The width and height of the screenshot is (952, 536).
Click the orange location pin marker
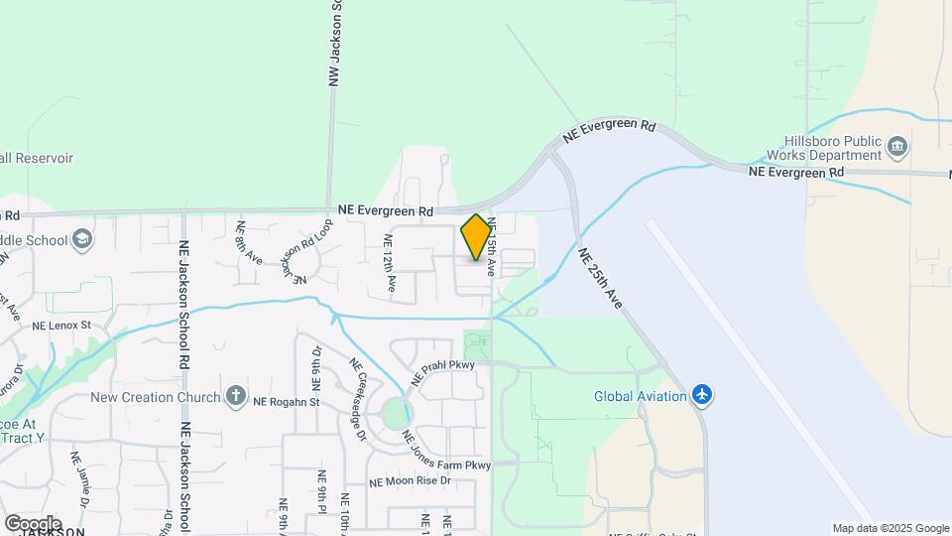click(476, 237)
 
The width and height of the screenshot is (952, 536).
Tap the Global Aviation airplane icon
click(703, 396)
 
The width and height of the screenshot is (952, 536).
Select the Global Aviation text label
click(640, 396)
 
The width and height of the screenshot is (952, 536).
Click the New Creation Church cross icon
click(235, 397)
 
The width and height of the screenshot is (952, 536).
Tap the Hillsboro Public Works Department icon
click(897, 148)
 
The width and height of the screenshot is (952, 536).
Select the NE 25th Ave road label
click(601, 278)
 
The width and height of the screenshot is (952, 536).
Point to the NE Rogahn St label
click(287, 402)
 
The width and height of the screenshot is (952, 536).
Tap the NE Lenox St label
click(61, 325)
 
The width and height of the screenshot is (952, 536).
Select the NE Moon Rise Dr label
click(410, 481)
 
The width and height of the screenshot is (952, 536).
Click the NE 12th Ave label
click(390, 267)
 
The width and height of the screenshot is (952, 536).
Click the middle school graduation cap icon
click(82, 239)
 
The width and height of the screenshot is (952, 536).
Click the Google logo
click(33, 523)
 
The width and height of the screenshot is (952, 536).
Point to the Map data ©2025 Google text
click(891, 528)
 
